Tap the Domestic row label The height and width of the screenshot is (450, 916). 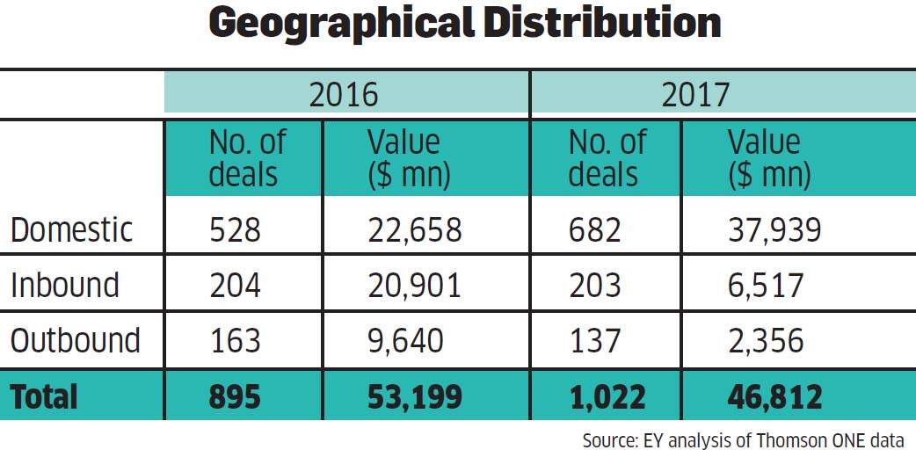[72, 230]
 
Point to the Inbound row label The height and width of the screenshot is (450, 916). [65, 285]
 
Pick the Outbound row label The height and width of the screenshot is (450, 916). [76, 340]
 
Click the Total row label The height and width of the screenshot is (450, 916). [44, 396]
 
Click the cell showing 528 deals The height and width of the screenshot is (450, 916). [235, 230]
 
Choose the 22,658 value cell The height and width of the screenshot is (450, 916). [414, 231]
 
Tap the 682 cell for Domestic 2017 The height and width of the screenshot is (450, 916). [594, 230]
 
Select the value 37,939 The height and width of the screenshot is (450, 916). [774, 231]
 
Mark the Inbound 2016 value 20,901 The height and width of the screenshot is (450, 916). [414, 286]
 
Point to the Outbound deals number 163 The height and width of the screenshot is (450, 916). [235, 340]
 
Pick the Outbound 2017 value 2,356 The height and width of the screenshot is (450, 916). [766, 341]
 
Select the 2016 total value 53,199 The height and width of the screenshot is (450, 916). [414, 397]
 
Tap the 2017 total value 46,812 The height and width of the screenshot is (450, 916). [774, 397]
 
